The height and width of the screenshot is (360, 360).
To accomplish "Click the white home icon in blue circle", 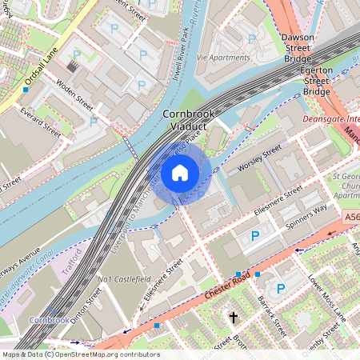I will [180, 172].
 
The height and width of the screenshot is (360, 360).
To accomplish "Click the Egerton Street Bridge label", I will [316, 81].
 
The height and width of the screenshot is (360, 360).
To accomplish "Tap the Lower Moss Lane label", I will [326, 297].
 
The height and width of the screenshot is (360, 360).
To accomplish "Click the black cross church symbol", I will [234, 318].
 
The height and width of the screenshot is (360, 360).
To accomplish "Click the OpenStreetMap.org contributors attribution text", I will [105, 354].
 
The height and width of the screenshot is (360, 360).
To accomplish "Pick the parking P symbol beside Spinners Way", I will [255, 236].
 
